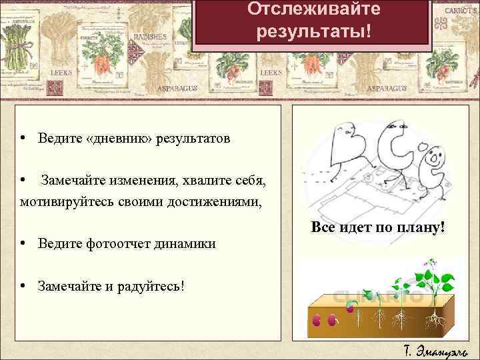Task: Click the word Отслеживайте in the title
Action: [x=313, y=10]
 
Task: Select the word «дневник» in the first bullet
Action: [x=119, y=139]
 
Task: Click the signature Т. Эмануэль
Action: [x=436, y=350]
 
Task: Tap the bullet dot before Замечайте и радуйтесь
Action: [x=23, y=285]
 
